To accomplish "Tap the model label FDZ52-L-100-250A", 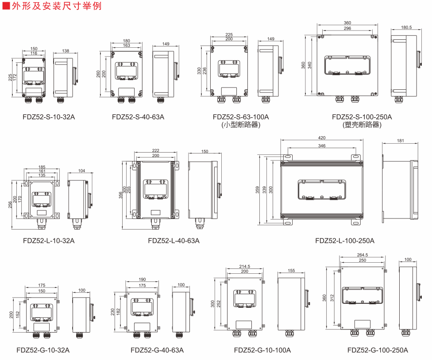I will click(x=345, y=241).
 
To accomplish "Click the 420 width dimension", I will click(x=322, y=138).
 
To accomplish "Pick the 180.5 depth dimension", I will click(x=406, y=27).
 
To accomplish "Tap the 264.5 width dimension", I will click(x=362, y=255).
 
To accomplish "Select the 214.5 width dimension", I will click(x=244, y=267).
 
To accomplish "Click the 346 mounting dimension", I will click(x=322, y=146).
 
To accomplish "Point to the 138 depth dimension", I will click(x=66, y=51).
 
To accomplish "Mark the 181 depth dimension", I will click(x=401, y=141).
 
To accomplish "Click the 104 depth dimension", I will click(x=81, y=171).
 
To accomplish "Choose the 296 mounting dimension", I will click(x=347, y=28).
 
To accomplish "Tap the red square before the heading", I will click(x=6, y=6).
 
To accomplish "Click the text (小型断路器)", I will click(x=241, y=125).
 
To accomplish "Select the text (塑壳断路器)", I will click(x=362, y=125).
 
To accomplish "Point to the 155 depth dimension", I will click(x=291, y=270).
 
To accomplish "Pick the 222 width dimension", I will click(x=156, y=151).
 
